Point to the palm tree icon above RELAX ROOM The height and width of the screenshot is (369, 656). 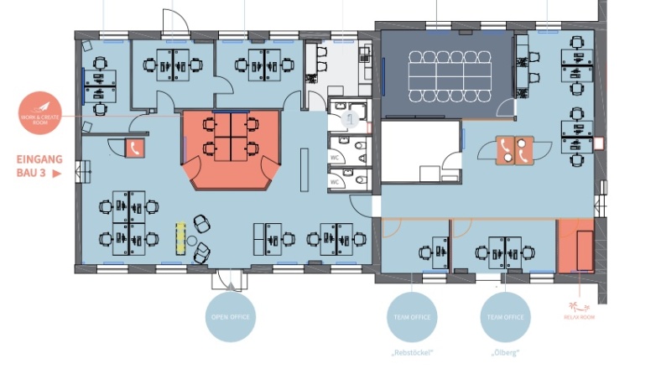point(575,307)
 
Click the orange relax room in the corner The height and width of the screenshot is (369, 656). point(575,246)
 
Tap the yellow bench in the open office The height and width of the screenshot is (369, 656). point(180,236)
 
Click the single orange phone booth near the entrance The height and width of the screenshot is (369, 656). point(134,148)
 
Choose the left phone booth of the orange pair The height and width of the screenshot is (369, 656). point(505,148)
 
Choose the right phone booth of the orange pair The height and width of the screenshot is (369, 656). point(523,148)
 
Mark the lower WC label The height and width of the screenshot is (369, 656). point(335,181)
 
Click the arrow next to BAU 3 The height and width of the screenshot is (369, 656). point(57,174)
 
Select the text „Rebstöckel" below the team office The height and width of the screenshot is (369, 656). point(412,352)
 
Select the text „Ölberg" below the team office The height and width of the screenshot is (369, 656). point(505,352)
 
